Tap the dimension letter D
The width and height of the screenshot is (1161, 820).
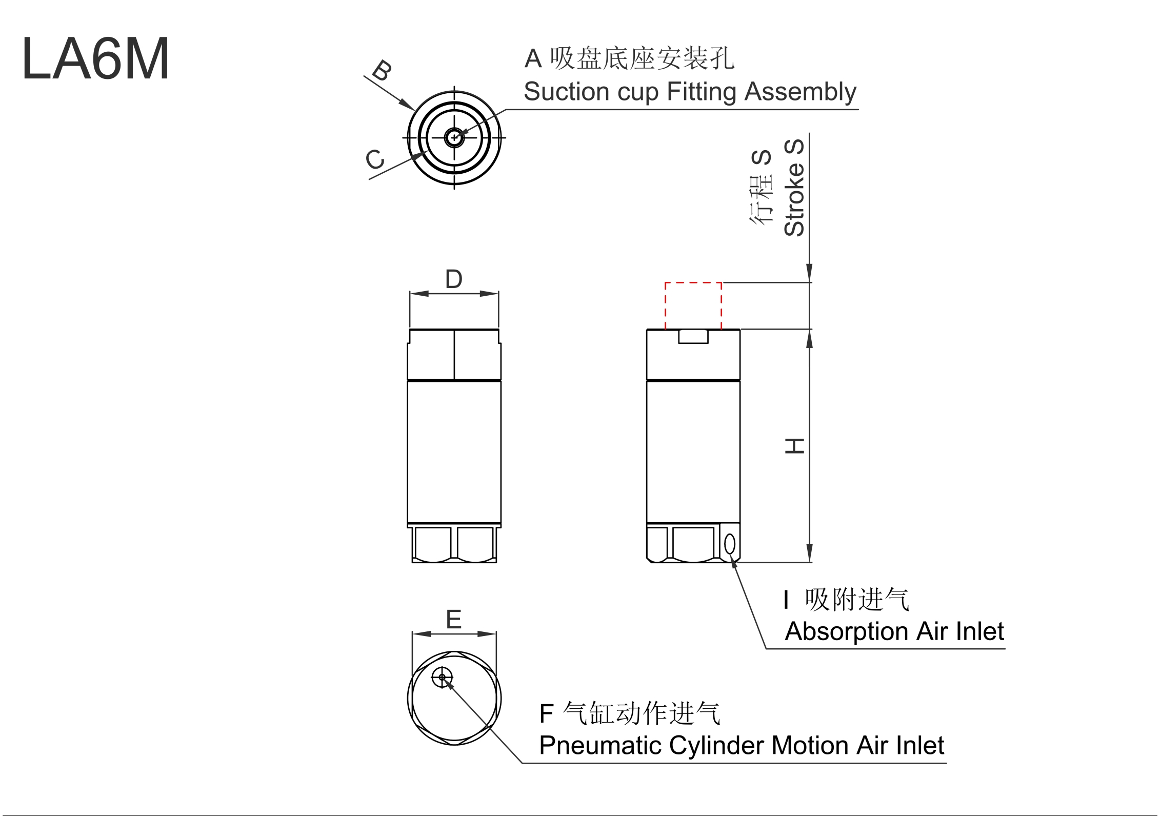[x=454, y=279]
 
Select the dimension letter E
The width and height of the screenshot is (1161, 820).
[x=454, y=620]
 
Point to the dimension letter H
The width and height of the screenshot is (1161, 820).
[x=795, y=446]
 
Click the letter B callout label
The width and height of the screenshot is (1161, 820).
[x=382, y=70]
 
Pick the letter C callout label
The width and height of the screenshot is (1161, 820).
[x=375, y=159]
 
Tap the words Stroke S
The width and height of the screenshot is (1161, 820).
[x=794, y=188]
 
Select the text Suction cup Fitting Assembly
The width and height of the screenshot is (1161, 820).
[x=690, y=92]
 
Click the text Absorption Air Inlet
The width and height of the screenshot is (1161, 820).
[x=894, y=631]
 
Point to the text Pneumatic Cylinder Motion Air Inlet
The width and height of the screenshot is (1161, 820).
[x=742, y=745]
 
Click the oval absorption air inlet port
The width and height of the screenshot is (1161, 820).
[x=730, y=544]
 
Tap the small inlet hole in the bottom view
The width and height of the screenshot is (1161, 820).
[x=442, y=677]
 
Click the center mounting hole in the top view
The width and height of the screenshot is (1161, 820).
[x=454, y=137]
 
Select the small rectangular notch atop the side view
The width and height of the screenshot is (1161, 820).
[x=693, y=336]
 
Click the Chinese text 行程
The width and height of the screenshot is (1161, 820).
[x=761, y=200]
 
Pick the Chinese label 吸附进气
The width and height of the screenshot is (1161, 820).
[x=857, y=600]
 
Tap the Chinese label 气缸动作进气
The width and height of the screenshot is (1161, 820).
[x=642, y=713]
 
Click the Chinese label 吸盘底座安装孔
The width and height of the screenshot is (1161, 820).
[x=642, y=58]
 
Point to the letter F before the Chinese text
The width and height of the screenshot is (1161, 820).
[x=547, y=714]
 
